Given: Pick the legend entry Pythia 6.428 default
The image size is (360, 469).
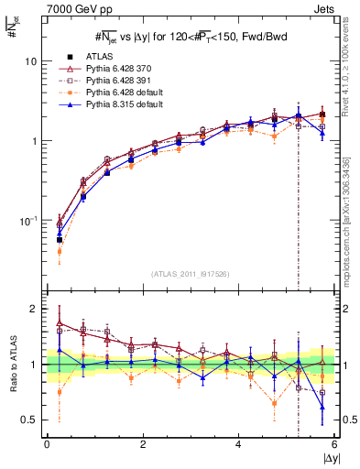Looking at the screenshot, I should [x=117, y=93].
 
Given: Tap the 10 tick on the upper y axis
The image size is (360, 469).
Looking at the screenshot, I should [x=29, y=60].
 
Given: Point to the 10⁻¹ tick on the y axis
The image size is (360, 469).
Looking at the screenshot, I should [x=27, y=221].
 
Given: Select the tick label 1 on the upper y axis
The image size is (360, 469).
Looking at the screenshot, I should [x=33, y=141].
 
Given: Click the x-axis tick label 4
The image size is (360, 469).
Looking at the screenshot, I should [x=239, y=443].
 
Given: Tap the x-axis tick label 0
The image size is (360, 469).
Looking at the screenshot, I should [x=47, y=443].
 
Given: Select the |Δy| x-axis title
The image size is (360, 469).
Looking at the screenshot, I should [x=330, y=458].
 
